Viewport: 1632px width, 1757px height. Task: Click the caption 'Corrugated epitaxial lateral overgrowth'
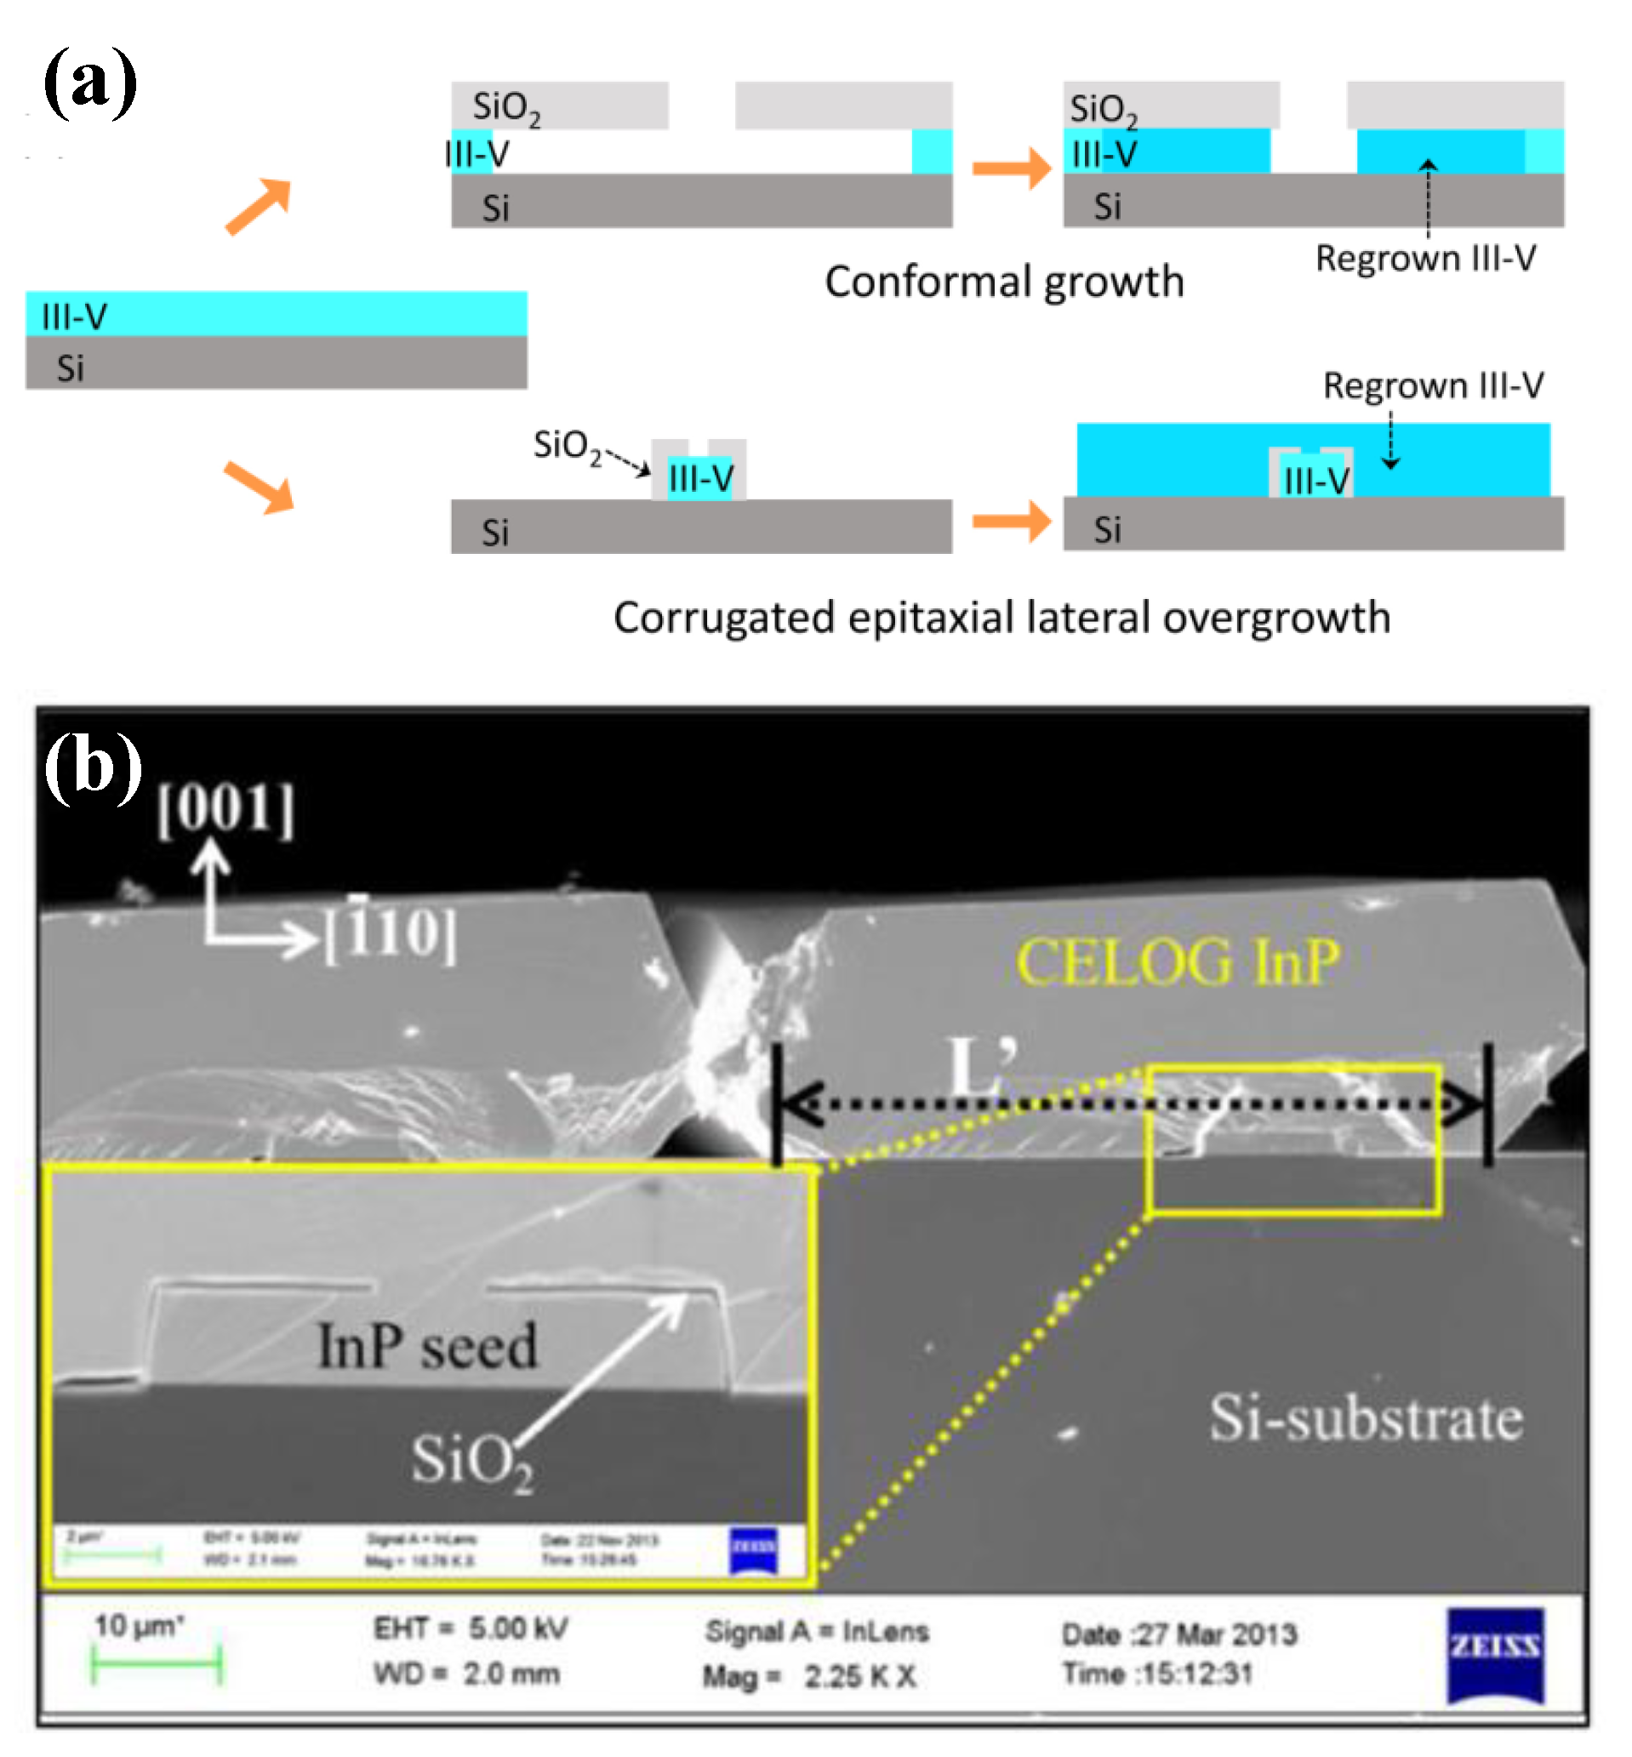(x=1001, y=618)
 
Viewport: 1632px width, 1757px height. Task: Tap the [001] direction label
(x=225, y=807)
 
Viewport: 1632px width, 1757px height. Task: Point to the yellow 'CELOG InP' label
(x=1177, y=962)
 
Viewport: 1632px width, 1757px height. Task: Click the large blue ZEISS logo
(x=1494, y=1656)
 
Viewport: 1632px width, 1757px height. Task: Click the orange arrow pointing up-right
(x=258, y=206)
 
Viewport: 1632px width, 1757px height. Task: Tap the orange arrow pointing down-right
(x=259, y=486)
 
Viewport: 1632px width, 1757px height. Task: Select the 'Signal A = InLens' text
(x=817, y=1632)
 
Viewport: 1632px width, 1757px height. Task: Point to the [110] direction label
(x=391, y=933)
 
